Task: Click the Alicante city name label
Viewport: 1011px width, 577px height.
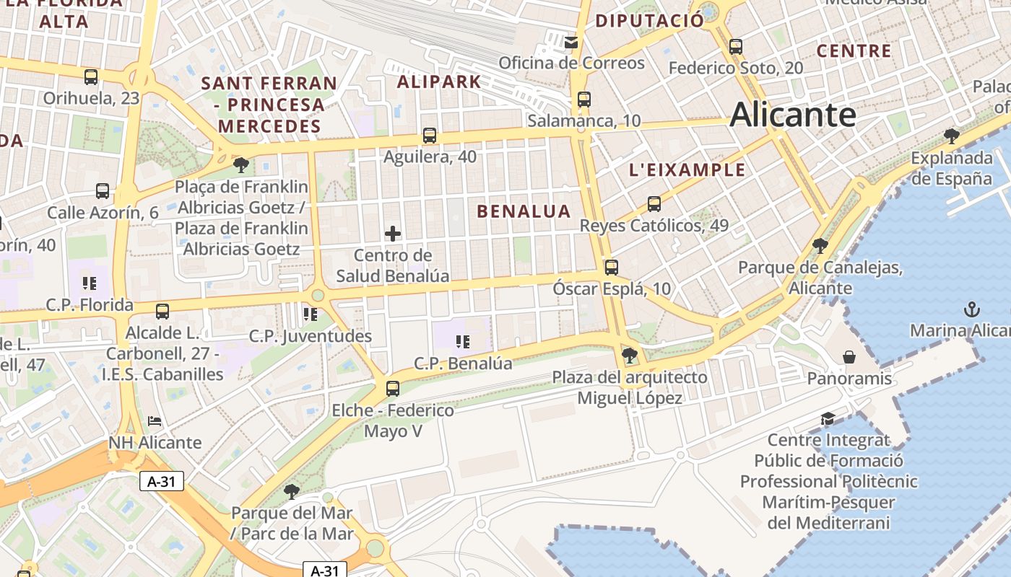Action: coord(793,115)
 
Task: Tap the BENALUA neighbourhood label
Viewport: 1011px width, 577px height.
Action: coord(524,211)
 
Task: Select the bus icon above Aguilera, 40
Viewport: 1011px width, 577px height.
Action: coord(430,135)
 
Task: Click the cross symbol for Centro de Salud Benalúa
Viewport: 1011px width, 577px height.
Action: coord(393,234)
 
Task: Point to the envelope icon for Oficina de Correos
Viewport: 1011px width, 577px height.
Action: coord(572,43)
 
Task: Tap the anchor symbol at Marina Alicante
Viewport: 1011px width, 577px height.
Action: coord(972,309)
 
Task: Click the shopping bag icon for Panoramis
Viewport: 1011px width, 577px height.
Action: coord(850,357)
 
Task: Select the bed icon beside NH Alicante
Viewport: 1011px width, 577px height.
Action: coord(155,420)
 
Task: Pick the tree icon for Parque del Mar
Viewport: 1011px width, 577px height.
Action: coord(292,492)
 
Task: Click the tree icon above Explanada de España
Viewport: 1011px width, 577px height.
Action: coord(952,136)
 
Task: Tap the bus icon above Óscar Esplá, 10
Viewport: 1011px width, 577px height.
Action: coord(612,268)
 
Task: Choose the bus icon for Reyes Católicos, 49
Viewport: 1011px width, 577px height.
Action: coord(654,204)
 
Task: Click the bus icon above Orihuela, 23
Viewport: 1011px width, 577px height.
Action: coord(91,76)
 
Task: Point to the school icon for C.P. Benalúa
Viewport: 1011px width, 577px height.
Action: coord(463,341)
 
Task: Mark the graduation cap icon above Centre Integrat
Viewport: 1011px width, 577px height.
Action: coord(828,418)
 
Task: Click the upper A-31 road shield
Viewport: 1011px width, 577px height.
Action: coord(162,481)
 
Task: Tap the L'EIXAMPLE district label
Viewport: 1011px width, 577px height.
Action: coord(687,170)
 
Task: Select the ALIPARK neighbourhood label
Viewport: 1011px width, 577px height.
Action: coord(439,82)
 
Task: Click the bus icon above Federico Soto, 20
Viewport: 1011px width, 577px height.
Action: coord(736,47)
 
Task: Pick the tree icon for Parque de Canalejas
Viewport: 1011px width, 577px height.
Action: coord(820,246)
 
